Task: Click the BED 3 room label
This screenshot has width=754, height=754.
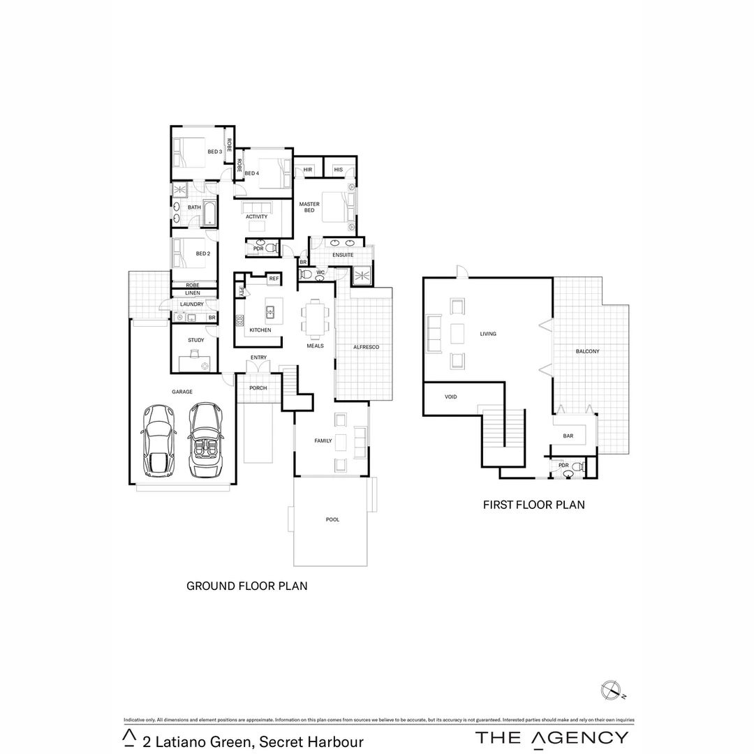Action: pos(214,151)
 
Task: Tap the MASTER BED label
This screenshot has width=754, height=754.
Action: pos(309,207)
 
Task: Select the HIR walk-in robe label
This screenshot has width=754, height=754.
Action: pos(307,170)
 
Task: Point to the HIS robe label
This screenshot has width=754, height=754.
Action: pos(338,170)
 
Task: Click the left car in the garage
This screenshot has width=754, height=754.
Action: pos(158,441)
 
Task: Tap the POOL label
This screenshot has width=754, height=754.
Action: pos(332,519)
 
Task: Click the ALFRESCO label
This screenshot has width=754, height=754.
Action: pos(366,347)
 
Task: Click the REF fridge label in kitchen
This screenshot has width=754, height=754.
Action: pos(274,279)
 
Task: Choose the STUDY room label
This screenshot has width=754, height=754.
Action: pos(196,341)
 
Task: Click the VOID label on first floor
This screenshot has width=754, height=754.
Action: pos(451,397)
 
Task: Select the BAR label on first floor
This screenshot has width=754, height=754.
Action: pos(568,436)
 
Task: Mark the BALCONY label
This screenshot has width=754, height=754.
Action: pos(587,351)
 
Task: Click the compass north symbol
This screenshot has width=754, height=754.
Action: pos(609,690)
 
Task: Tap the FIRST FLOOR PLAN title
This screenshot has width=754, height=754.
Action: pos(534,504)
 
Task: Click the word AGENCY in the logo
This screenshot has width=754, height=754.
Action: pos(579,738)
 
